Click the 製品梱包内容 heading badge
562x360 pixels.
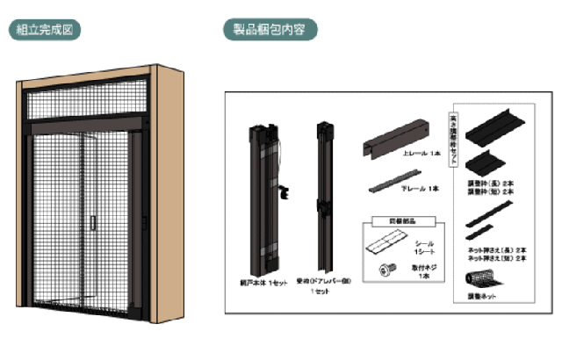click(270, 29)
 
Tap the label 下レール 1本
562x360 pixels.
click(421, 189)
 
